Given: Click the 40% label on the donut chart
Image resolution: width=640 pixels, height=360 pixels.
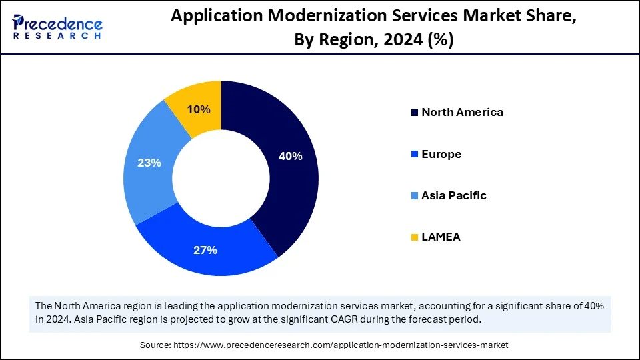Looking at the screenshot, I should click(x=290, y=156).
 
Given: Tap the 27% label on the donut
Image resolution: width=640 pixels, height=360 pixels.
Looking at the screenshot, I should click(x=205, y=250).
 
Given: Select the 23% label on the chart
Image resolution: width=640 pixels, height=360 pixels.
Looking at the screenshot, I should click(x=149, y=162).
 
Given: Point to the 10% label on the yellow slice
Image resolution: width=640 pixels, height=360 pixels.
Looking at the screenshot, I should click(x=199, y=109).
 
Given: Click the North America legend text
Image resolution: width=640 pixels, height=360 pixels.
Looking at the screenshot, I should click(x=462, y=112).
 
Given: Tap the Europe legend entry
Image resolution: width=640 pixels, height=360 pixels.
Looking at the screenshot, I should click(x=441, y=154).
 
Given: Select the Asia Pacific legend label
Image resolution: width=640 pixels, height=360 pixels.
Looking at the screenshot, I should click(x=453, y=195).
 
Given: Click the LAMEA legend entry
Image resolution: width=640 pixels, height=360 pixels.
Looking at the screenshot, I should click(x=441, y=237).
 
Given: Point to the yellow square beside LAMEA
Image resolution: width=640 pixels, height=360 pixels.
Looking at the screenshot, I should click(x=415, y=237).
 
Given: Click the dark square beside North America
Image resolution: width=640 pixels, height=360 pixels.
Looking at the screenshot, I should click(x=415, y=113).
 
